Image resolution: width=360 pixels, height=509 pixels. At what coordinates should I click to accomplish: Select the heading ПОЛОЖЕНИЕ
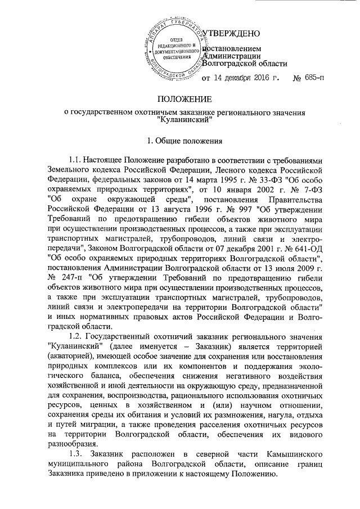click(x=180, y=100)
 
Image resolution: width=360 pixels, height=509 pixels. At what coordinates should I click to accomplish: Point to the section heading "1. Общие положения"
click(x=180, y=138)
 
